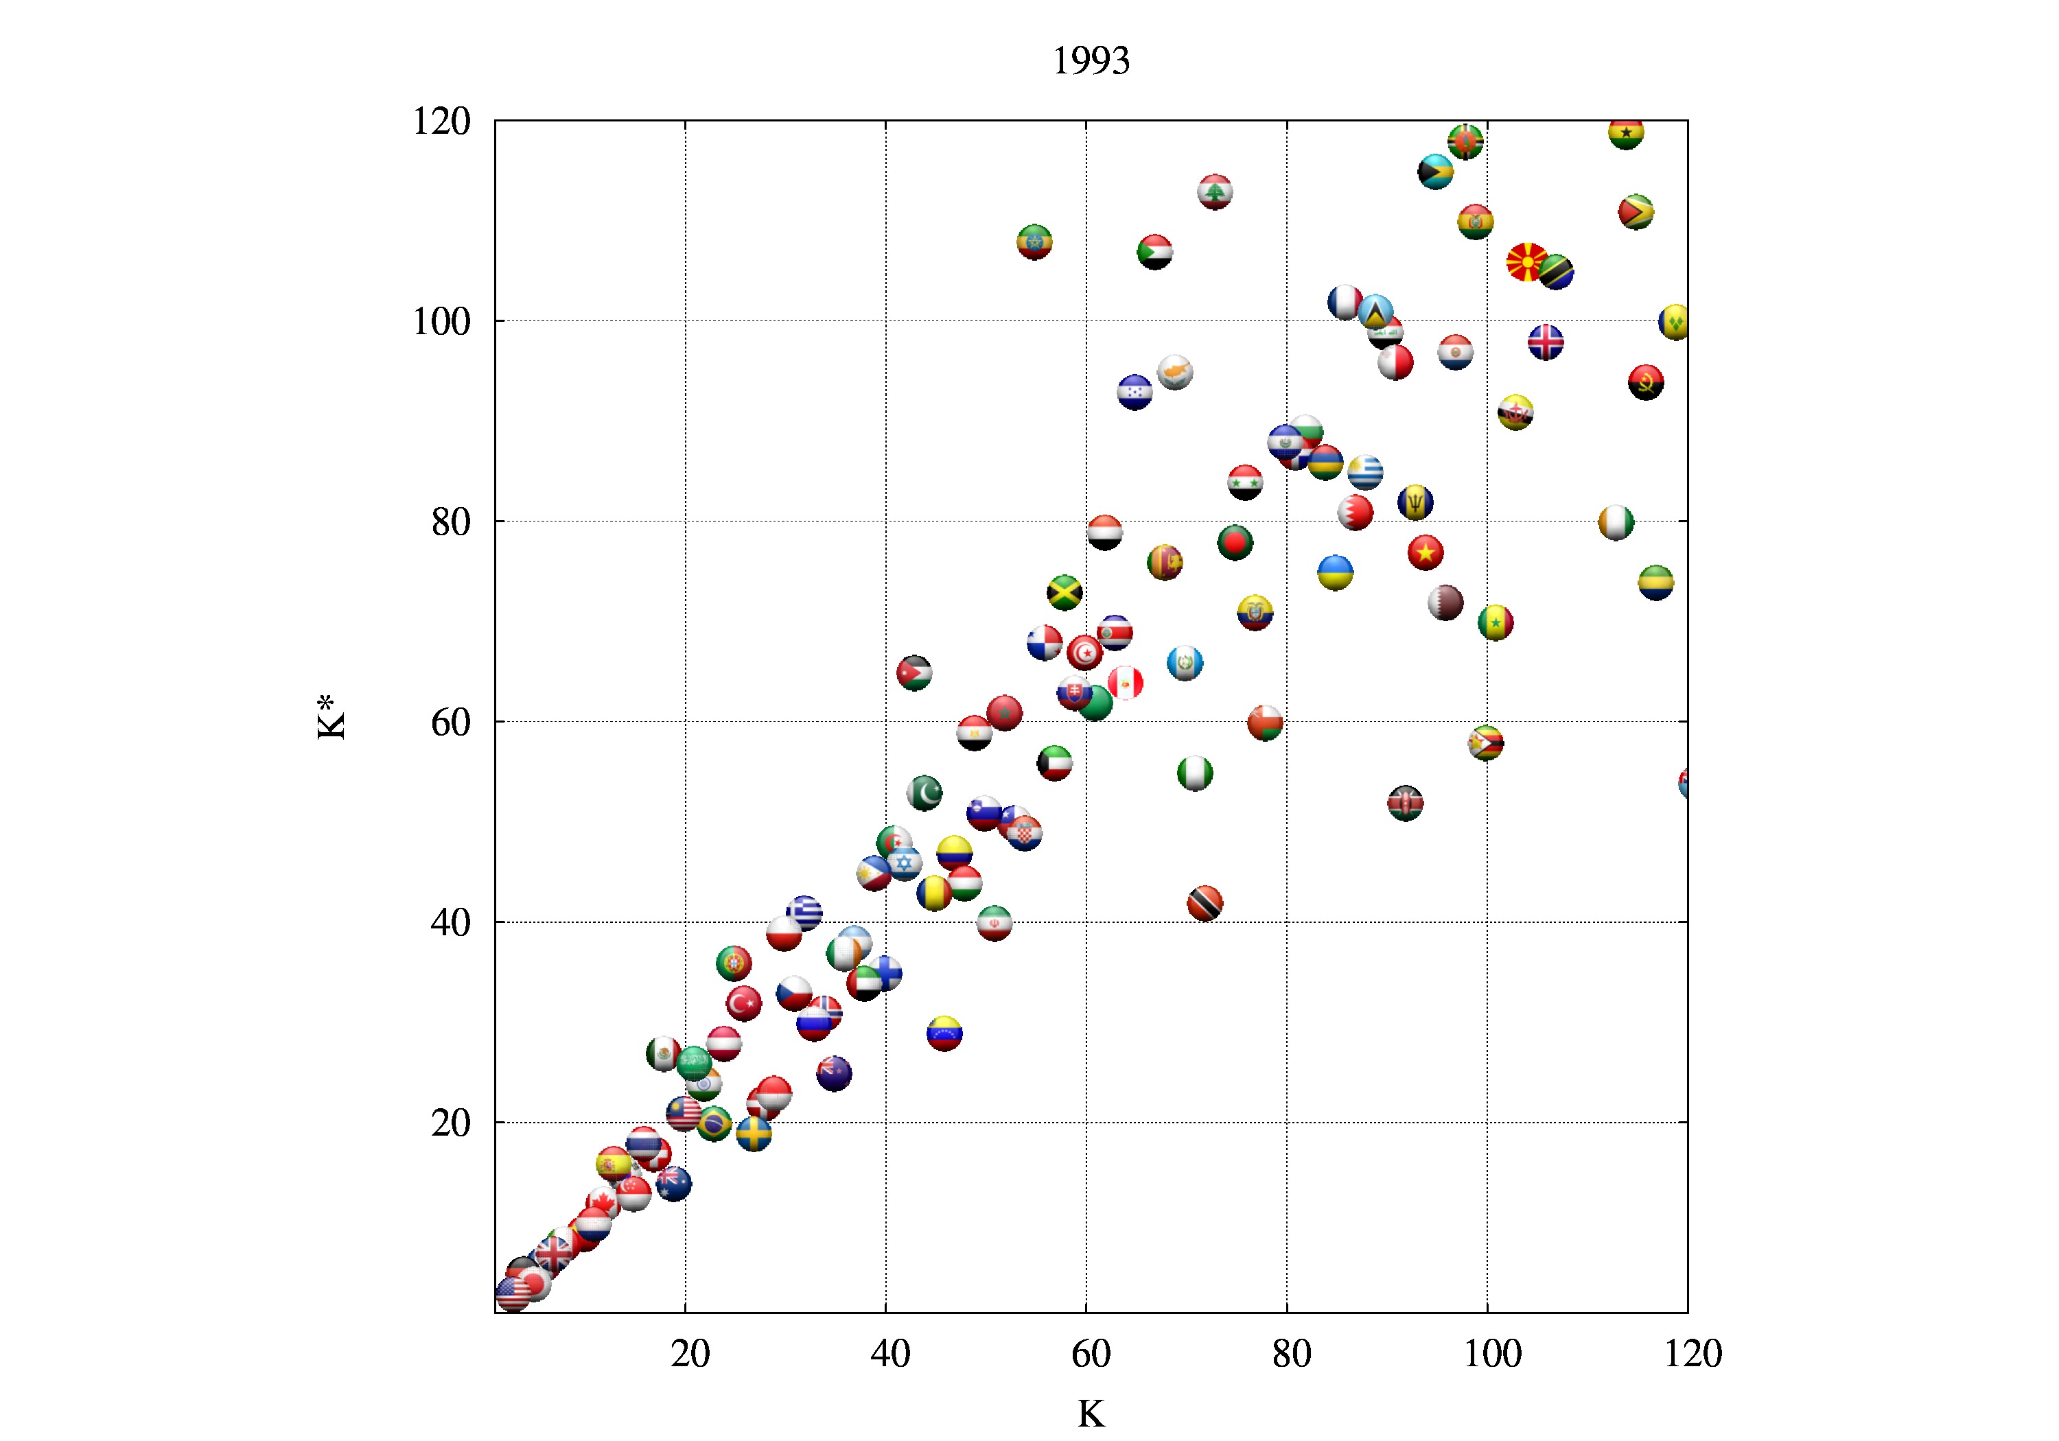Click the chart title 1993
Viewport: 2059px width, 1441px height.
point(1091,61)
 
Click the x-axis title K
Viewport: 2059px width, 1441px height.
point(1091,1414)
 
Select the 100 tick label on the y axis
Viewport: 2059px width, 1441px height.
point(441,321)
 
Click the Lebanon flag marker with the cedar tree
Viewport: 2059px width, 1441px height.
point(1215,192)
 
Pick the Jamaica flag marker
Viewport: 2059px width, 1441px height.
point(1065,593)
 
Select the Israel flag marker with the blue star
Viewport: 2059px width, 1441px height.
point(904,863)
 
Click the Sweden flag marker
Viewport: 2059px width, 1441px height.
point(754,1134)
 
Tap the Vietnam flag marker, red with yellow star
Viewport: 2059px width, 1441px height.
point(1425,552)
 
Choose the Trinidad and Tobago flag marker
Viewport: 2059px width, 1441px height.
point(1205,903)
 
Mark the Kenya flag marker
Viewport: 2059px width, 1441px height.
point(1405,804)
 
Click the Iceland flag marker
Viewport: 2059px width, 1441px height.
point(1545,342)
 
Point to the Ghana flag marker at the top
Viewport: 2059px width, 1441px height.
point(1625,132)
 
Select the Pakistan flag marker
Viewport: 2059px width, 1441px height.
point(924,793)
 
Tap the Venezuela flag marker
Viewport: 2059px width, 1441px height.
point(944,1034)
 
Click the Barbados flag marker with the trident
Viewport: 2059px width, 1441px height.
point(1415,502)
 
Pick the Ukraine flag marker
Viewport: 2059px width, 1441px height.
point(1336,572)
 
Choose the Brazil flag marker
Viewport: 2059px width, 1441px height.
point(714,1123)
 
